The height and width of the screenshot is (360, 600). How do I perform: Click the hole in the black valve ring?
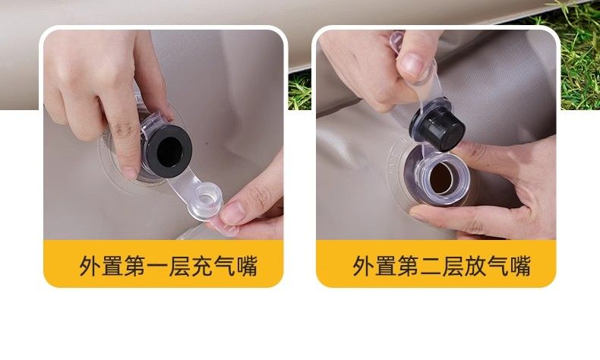click(x=169, y=152)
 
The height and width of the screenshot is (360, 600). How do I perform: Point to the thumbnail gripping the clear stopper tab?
click(x=232, y=213)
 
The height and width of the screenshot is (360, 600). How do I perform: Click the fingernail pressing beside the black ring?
click(x=130, y=172)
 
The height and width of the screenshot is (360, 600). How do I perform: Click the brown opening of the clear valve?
click(x=441, y=178)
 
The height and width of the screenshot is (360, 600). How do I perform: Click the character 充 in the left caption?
click(x=201, y=266)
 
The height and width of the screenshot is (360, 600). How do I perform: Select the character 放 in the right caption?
click(x=475, y=266)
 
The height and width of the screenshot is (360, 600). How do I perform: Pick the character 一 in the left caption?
click(x=157, y=266)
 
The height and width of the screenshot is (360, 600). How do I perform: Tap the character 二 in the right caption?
click(x=431, y=266)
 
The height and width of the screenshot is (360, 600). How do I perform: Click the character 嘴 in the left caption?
click(x=246, y=266)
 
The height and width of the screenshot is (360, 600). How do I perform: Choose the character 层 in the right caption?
click(x=453, y=266)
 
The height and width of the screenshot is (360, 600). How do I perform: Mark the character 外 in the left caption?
click(x=90, y=266)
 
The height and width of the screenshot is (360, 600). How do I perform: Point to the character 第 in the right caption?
click(x=409, y=266)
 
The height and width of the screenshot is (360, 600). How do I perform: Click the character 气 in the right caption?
click(x=497, y=266)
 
